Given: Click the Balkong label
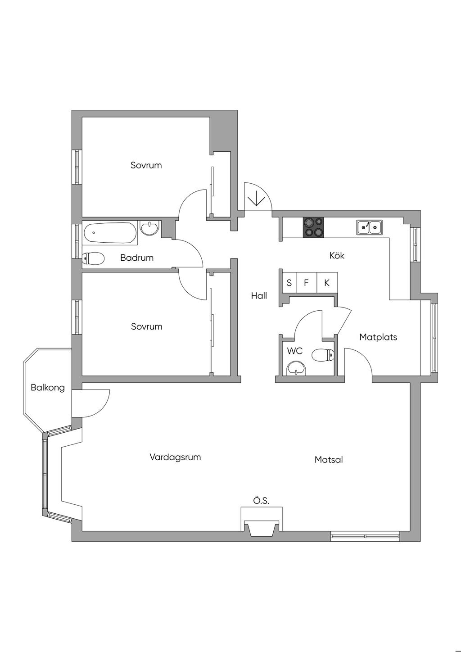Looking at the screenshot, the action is pos(48,387).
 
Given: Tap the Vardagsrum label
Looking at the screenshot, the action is pos(175,457).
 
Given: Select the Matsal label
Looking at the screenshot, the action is pos(329,460).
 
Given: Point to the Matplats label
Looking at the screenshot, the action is pos(378,337).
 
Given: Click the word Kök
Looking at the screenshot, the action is pos(337,255).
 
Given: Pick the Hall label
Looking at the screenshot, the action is pos(259,295).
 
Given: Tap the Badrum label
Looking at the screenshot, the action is pos(137,258).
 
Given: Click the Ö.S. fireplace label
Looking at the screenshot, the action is pos(261,500).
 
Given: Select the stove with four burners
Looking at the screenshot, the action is pos(313,227).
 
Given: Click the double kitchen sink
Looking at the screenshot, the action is pos(369,227).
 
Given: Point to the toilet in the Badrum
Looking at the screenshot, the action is pos(93,258).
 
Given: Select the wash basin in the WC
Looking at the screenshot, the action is pos(296,368).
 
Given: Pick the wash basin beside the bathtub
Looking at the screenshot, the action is pos(149,228).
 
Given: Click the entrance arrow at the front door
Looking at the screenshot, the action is pos(256,198).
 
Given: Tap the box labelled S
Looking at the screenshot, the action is pos(289,283).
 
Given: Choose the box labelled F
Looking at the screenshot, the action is pos(306,283).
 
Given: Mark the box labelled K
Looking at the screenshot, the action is pos(327,283).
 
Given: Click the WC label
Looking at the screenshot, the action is pos(295,351).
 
